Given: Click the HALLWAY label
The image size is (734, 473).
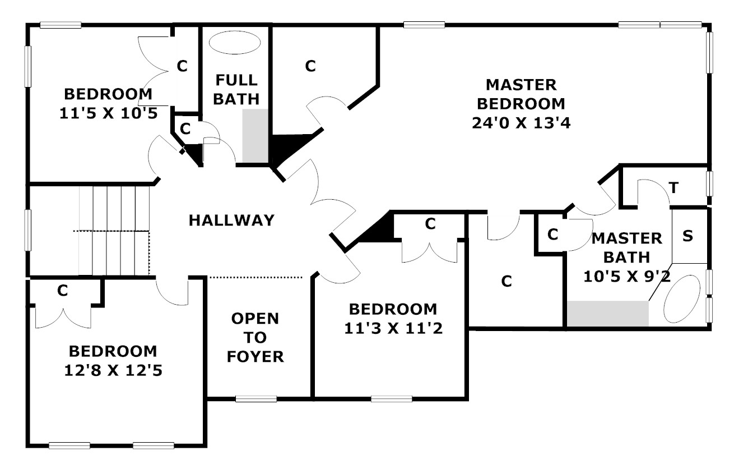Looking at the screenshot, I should [231, 221].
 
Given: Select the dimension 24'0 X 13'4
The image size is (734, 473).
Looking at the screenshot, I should [521, 123].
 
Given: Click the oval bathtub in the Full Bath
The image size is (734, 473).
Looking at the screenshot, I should [235, 42].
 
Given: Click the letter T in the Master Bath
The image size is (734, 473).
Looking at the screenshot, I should [674, 188].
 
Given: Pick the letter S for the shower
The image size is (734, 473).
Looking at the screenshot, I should [687, 236].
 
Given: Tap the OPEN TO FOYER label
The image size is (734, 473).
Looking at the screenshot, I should [255, 337].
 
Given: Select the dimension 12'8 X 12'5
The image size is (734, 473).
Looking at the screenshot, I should [113, 370].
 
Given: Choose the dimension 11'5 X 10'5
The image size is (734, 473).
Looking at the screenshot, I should [108, 113].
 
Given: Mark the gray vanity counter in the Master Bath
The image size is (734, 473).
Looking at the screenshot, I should [607, 314].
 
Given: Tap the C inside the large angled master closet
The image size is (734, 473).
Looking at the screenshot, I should [310, 66].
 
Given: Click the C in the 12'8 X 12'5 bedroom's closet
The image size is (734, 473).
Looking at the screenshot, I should [63, 291].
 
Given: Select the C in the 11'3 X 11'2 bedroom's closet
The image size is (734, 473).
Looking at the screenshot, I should [430, 224].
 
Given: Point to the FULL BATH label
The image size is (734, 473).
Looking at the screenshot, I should [236, 90].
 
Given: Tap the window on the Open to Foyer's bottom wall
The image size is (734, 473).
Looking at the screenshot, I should [255, 399].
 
